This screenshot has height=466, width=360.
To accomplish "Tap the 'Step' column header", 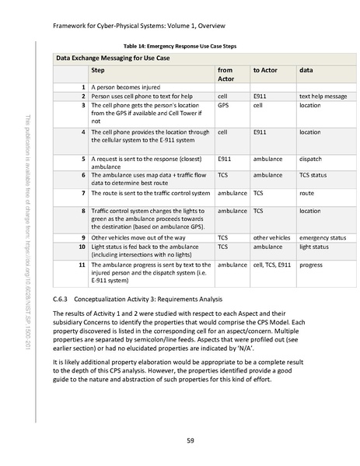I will click(99, 70).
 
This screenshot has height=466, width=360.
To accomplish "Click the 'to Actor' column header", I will click(265, 70).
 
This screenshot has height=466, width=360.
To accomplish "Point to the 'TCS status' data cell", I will click(314, 175).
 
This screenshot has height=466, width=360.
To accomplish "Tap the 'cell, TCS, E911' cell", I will click(273, 265).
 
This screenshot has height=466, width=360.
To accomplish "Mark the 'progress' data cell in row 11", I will click(311, 265).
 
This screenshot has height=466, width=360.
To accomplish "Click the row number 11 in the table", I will click(82, 265).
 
